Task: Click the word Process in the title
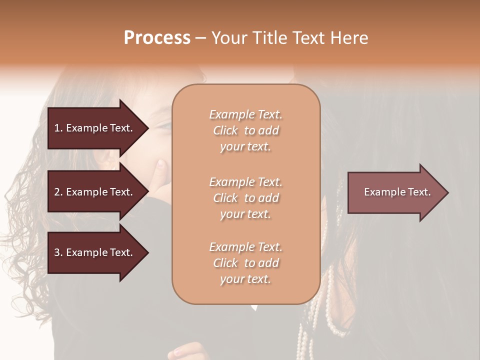point(157,38)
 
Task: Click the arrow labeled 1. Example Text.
point(95,128)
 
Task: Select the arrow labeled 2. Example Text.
point(95,192)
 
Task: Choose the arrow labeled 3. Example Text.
point(95,252)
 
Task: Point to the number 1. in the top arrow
point(58,128)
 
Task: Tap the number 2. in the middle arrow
point(58,192)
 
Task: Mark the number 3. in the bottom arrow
point(58,252)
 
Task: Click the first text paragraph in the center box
point(245,130)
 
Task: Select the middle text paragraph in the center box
point(245,198)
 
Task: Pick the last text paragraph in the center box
point(245,263)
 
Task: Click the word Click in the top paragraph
point(225,130)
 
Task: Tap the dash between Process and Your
point(200,38)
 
